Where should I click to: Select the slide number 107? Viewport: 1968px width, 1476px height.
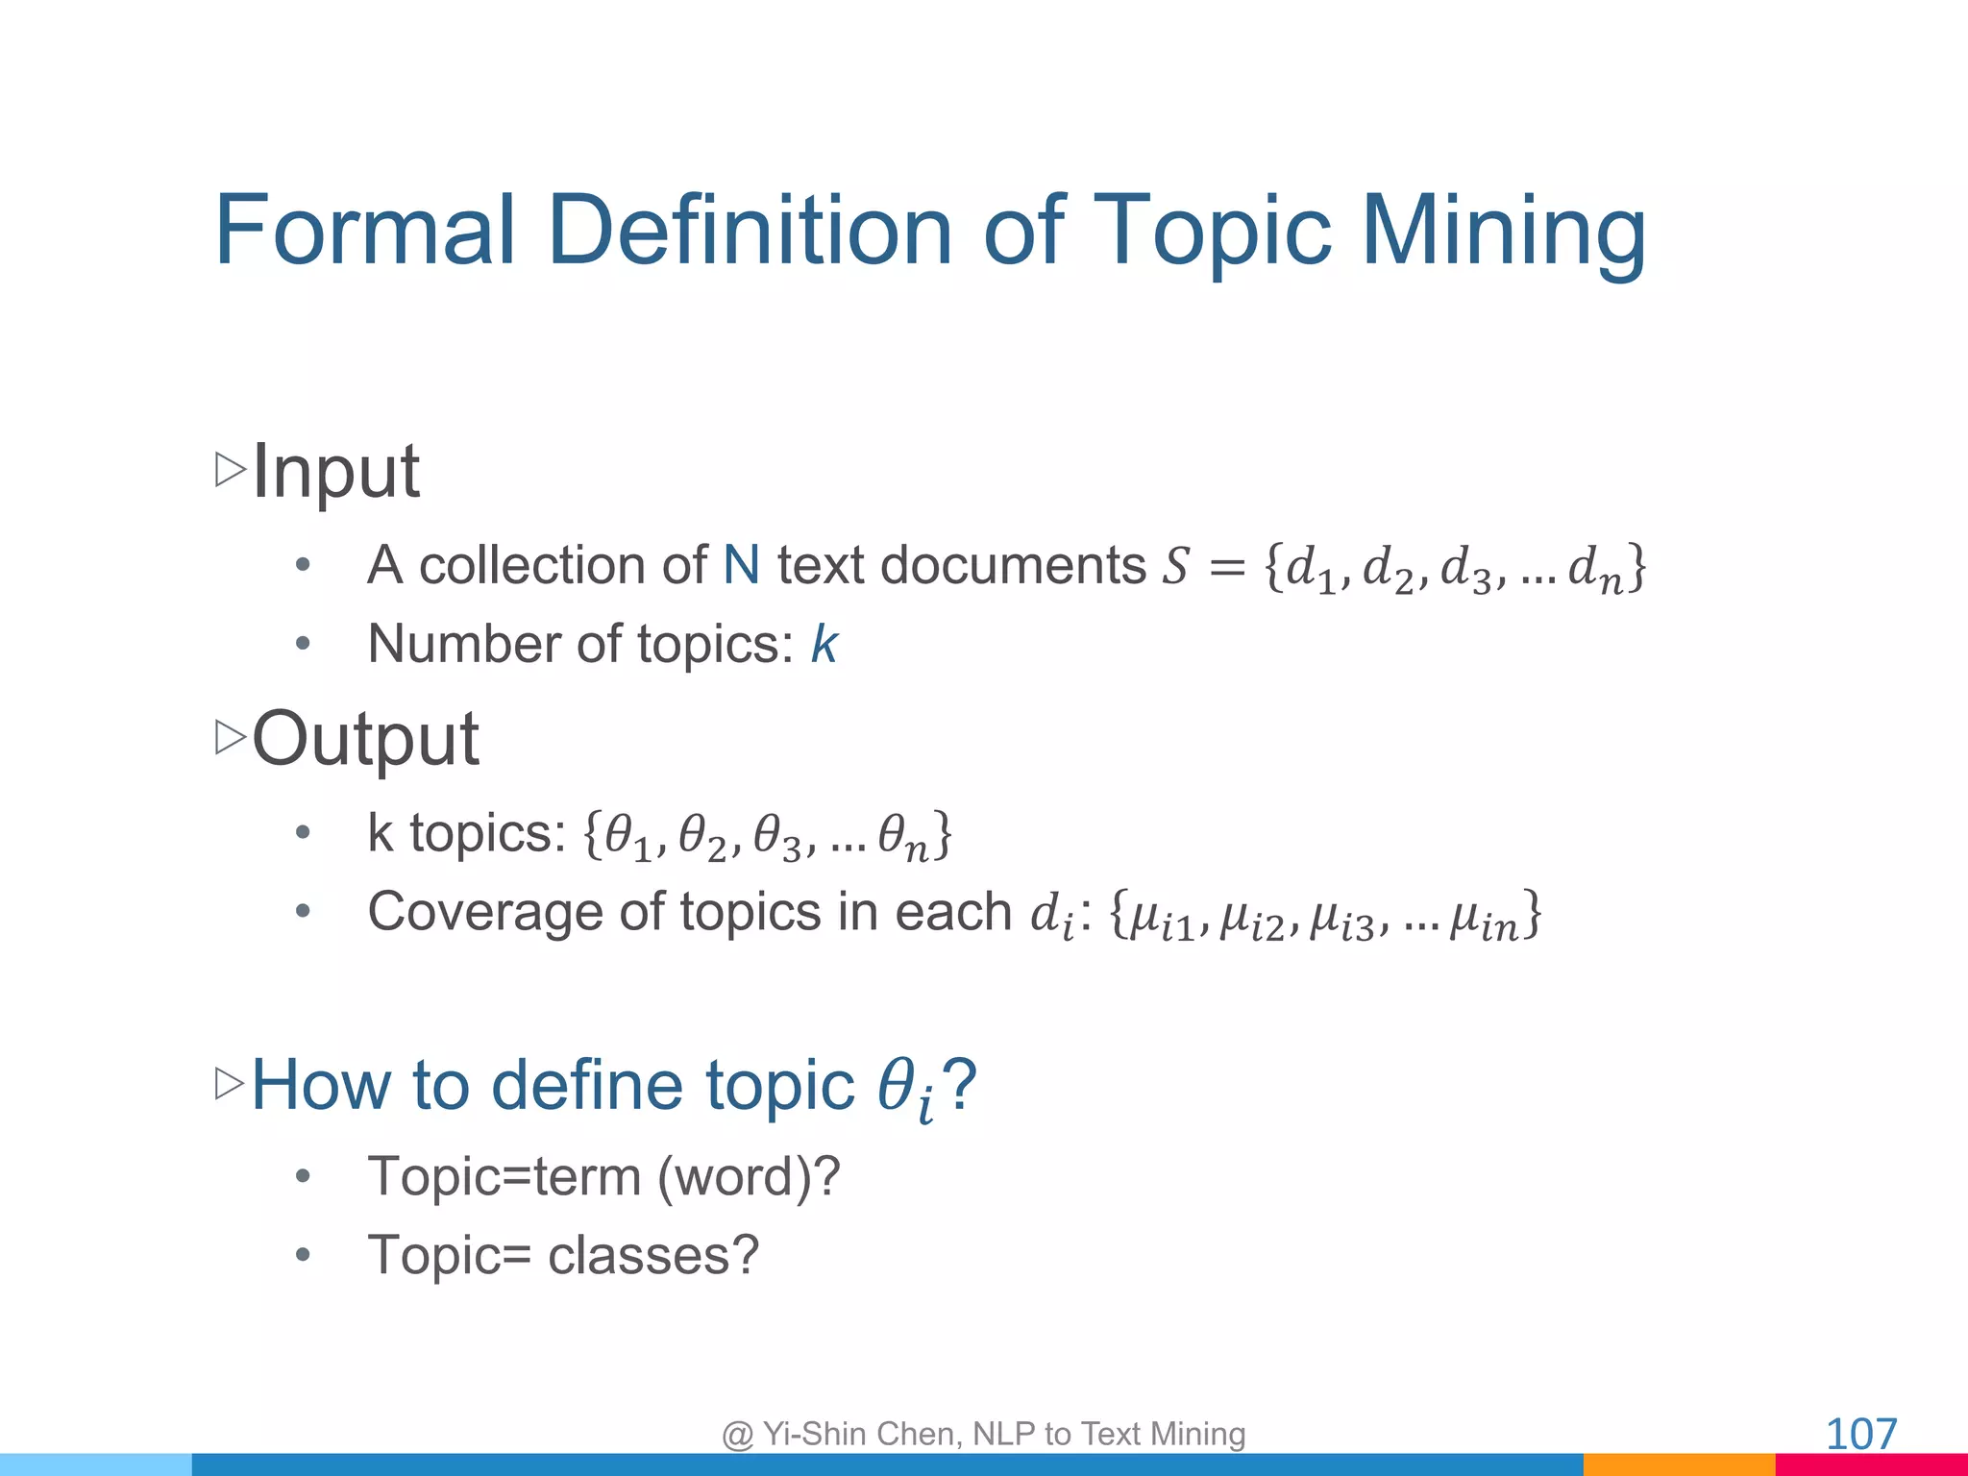pyautogui.click(x=1860, y=1435)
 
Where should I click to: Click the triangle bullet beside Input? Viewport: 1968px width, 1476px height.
pyautogui.click(x=231, y=469)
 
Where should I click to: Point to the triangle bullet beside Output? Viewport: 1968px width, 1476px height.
pyautogui.click(x=231, y=737)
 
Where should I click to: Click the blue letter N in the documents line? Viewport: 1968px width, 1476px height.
pyautogui.click(x=741, y=565)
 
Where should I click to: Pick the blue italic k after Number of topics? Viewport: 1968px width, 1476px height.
pyautogui.click(x=824, y=644)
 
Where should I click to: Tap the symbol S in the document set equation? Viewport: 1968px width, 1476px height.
pyautogui.click(x=1176, y=566)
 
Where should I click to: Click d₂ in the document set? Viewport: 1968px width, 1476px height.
pyautogui.click(x=1389, y=569)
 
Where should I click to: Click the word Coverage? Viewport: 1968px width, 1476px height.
pyautogui.click(x=515, y=911)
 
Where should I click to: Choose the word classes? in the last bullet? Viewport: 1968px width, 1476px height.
pyautogui.click(x=653, y=1255)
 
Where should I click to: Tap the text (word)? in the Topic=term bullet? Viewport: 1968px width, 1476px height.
pyautogui.click(x=749, y=1176)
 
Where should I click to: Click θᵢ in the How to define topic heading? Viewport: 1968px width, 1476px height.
pyautogui.click(x=905, y=1090)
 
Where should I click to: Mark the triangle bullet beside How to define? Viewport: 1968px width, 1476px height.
pyautogui.click(x=231, y=1084)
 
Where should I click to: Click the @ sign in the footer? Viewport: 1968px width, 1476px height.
pyautogui.click(x=738, y=1435)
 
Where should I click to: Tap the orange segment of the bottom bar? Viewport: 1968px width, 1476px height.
pyautogui.click(x=1678, y=1464)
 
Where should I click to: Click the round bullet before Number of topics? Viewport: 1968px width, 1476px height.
pyautogui.click(x=303, y=644)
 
